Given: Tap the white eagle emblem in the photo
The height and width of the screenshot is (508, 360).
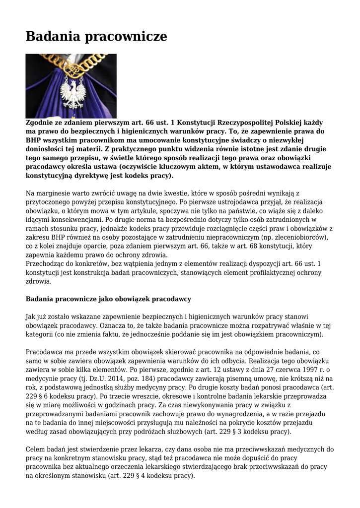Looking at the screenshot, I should coord(72,94).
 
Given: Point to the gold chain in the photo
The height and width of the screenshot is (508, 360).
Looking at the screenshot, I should coord(74,67).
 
